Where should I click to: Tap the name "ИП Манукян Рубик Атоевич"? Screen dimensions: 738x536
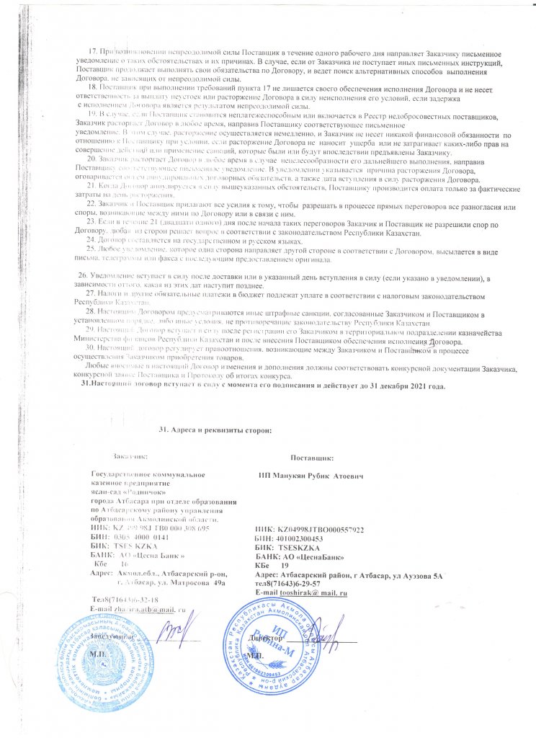point(311,477)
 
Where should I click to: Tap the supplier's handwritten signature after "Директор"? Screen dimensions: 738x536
point(328,634)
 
